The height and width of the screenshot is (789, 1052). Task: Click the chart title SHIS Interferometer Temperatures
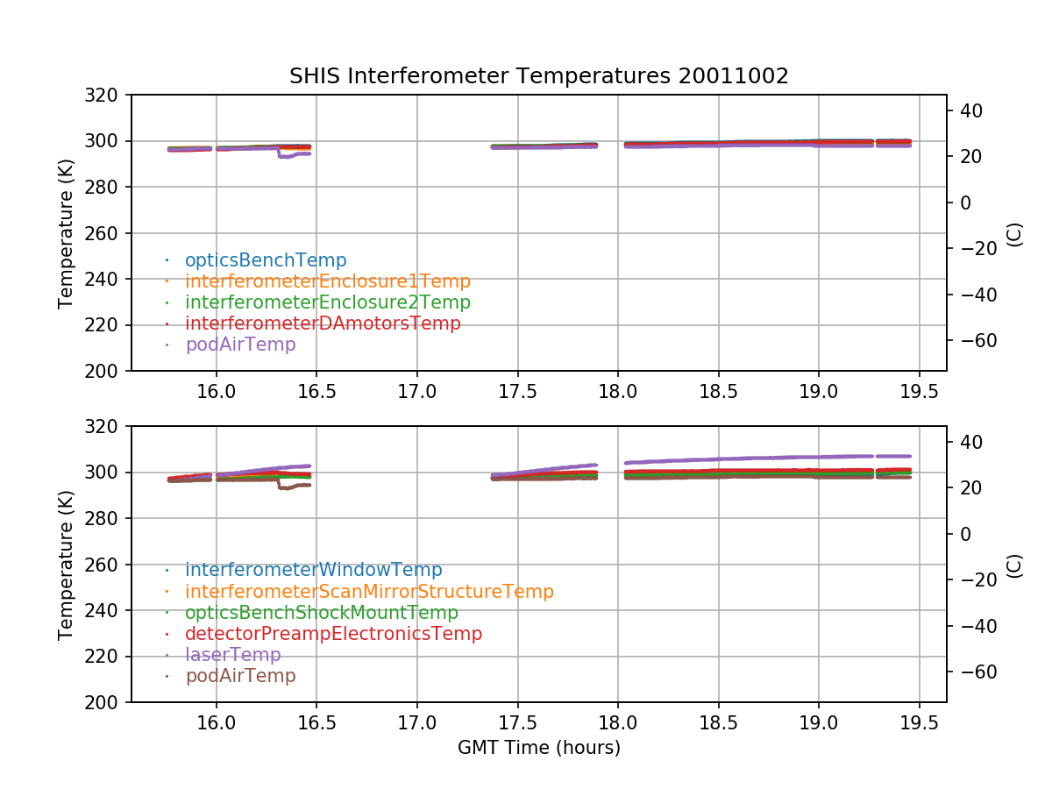click(538, 76)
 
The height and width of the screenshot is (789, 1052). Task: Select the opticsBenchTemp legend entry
click(266, 260)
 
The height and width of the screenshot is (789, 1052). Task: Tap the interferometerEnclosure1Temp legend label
click(327, 281)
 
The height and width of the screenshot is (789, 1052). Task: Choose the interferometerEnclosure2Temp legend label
click(327, 302)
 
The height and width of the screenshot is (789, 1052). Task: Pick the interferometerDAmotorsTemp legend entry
click(323, 323)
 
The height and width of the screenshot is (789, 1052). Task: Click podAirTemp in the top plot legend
click(240, 345)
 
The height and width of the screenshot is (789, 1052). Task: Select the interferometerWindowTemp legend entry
click(313, 571)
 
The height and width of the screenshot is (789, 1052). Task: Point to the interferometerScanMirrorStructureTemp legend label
click(369, 592)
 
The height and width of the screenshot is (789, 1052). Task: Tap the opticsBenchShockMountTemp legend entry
click(321, 613)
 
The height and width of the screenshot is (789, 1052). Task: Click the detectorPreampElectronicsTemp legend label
click(333, 634)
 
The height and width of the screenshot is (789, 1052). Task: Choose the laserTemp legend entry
click(232, 655)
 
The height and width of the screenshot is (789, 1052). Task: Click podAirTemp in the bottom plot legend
click(240, 676)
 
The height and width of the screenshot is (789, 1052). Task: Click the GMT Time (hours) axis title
click(538, 748)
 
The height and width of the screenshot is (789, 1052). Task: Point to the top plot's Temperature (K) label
click(66, 233)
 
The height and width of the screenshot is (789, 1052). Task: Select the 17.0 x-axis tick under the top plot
click(416, 392)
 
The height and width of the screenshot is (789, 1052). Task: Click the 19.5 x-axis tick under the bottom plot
click(919, 723)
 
